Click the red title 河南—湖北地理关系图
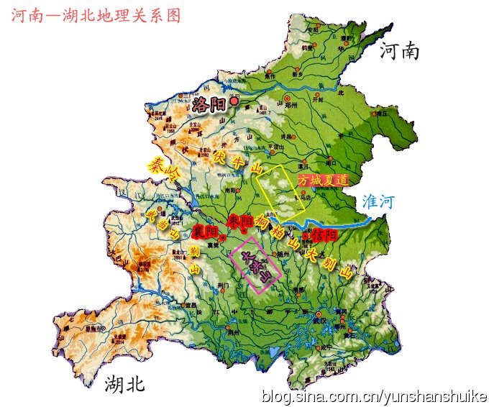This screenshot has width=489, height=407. [95, 16]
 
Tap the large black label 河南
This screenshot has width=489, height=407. [400, 51]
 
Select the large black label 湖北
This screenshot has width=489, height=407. [124, 384]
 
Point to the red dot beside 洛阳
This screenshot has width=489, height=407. [234, 102]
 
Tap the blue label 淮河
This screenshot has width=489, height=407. [379, 202]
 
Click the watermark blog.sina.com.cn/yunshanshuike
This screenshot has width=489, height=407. [374, 396]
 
